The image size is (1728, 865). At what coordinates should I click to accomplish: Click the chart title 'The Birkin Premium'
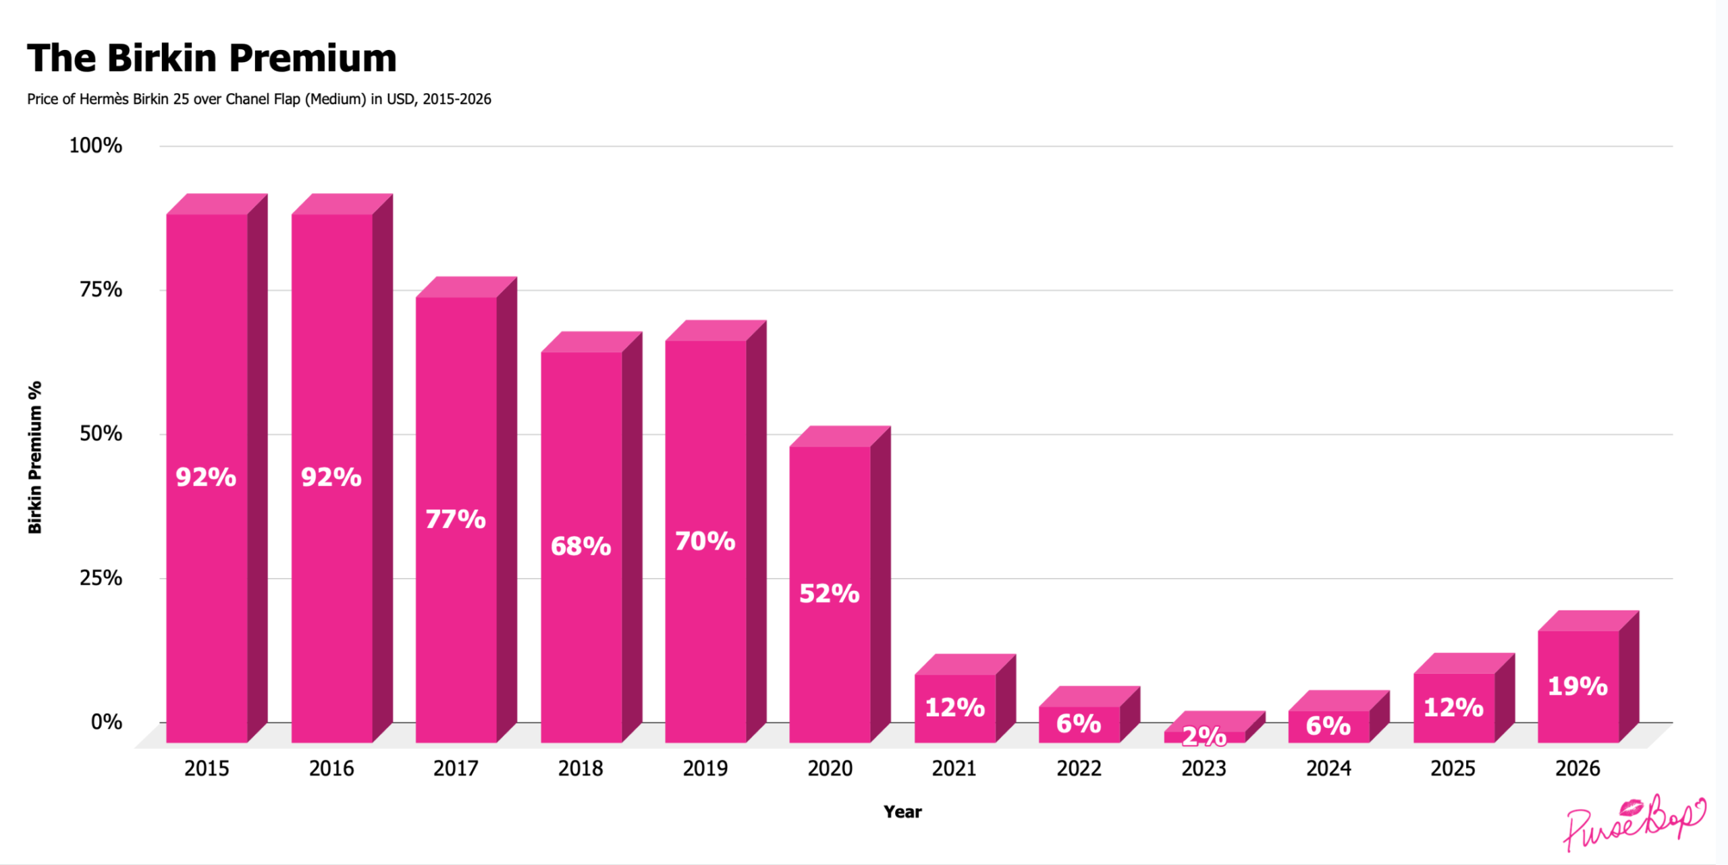[x=211, y=58]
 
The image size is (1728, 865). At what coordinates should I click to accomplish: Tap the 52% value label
[x=829, y=594]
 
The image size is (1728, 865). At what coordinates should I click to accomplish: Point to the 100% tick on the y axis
[x=96, y=146]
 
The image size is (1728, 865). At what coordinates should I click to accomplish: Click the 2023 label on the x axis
[x=1204, y=768]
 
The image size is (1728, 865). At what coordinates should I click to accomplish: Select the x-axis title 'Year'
[x=902, y=812]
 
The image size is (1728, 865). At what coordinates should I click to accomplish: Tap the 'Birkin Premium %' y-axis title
[x=35, y=457]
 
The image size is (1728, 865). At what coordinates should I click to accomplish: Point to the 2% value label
[x=1204, y=736]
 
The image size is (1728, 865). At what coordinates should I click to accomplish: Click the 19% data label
[x=1577, y=686]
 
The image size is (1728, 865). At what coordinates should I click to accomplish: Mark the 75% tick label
[x=101, y=290]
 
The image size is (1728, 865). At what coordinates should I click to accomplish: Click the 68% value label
[x=580, y=546]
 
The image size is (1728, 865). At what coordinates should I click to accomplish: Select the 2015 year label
[x=207, y=768]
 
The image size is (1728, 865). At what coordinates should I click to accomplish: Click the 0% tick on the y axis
[x=107, y=723]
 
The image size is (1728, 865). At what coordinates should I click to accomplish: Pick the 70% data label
[x=705, y=541]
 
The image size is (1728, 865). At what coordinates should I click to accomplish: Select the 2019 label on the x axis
[x=705, y=768]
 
